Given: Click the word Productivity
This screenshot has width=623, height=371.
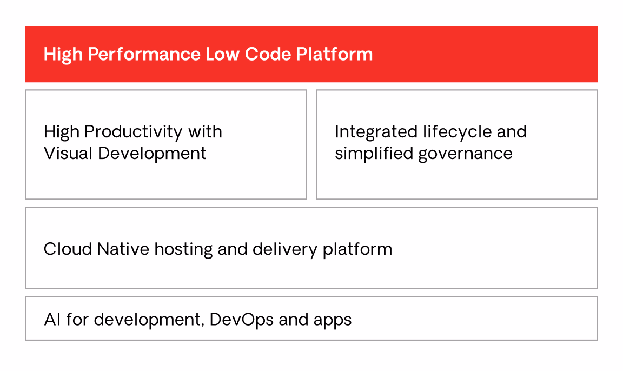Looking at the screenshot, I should click(134, 132).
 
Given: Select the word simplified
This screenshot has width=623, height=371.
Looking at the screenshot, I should click(374, 154).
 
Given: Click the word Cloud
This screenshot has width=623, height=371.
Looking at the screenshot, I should click(68, 249).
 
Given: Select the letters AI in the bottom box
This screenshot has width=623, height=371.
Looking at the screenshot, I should click(52, 320).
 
